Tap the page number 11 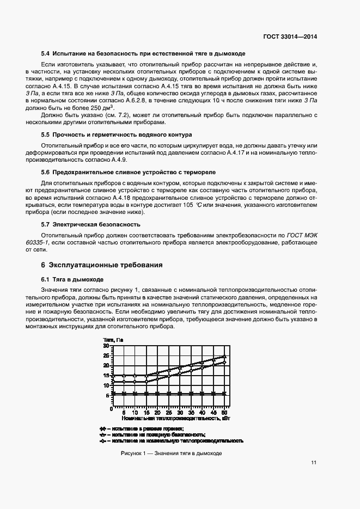[314, 463]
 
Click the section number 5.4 [46, 54]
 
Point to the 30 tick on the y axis [107, 346]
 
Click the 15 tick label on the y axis [107, 376]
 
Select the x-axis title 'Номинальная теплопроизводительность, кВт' [175, 419]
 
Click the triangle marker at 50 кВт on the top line [224, 357]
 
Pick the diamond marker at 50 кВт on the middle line [224, 363]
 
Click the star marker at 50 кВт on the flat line [224, 393]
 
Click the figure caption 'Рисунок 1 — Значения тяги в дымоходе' [170, 453]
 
